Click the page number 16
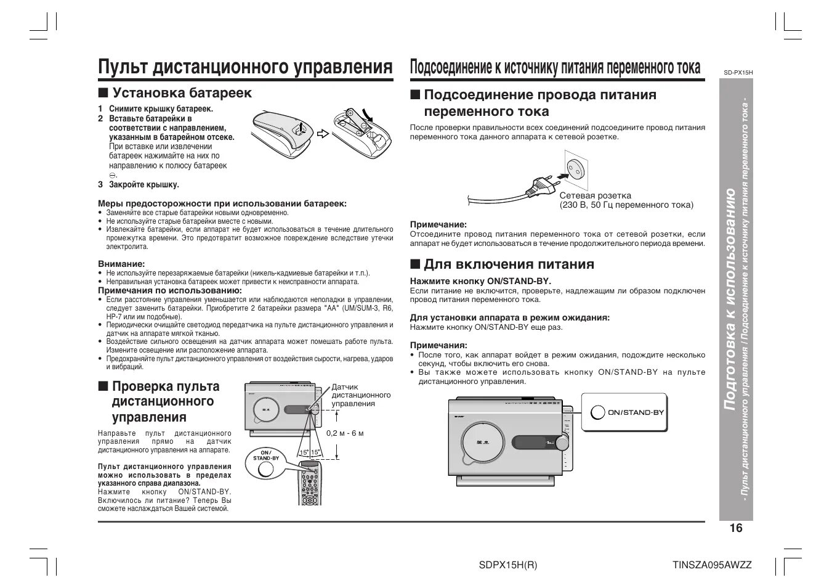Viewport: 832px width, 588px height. pyautogui.click(x=736, y=528)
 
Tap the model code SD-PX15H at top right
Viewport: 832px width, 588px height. pyautogui.click(x=738, y=73)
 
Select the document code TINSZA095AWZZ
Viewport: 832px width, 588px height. pyautogui.click(x=713, y=565)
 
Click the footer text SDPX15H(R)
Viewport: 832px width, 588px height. pyautogui.click(x=508, y=565)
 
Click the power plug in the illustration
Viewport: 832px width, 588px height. pyautogui.click(x=543, y=184)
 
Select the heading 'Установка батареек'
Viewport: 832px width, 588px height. pyautogui.click(x=182, y=93)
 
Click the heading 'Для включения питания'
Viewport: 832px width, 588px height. pyautogui.click(x=509, y=264)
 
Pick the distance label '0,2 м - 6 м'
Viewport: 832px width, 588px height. pyautogui.click(x=345, y=433)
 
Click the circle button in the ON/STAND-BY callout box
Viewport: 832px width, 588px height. pyautogui.click(x=597, y=412)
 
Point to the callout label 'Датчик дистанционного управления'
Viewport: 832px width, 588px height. pyautogui.click(x=361, y=395)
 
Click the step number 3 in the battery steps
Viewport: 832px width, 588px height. pyautogui.click(x=100, y=184)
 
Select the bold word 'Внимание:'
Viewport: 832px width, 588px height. pyautogui.click(x=121, y=264)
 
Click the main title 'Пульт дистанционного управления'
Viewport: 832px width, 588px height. pyautogui.click(x=245, y=67)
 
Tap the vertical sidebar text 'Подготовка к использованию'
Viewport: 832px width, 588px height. pyautogui.click(x=730, y=300)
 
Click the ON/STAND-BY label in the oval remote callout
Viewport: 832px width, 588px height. pyautogui.click(x=265, y=455)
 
